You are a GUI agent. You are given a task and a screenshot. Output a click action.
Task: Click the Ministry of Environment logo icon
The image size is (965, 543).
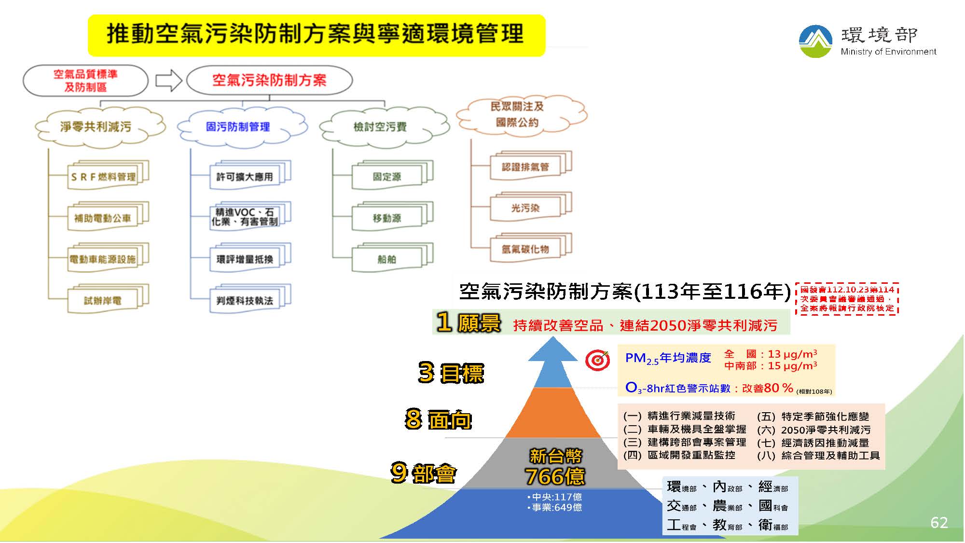click(x=815, y=41)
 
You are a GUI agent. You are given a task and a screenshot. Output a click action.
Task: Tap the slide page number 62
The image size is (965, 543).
click(x=938, y=522)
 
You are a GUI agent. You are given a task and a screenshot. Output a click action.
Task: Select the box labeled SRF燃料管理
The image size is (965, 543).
click(x=103, y=177)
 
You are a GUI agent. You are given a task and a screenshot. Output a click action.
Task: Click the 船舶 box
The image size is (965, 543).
click(x=387, y=259)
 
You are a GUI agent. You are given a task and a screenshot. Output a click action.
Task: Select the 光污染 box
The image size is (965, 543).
click(x=525, y=208)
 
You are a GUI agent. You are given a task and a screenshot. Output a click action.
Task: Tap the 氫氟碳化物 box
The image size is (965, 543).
click(x=525, y=249)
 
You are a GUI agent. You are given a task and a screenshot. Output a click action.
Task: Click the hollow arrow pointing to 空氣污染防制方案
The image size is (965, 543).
click(x=168, y=81)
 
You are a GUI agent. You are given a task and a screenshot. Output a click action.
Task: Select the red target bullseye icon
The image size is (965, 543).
click(x=597, y=360)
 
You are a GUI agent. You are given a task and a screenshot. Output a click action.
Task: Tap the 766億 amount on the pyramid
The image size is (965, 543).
click(x=555, y=476)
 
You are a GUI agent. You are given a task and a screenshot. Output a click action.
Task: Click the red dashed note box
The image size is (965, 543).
click(x=847, y=299)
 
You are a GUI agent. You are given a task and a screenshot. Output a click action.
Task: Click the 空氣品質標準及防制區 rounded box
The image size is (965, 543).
click(x=85, y=81)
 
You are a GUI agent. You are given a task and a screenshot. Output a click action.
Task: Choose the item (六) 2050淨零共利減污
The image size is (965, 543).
click(x=814, y=430)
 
